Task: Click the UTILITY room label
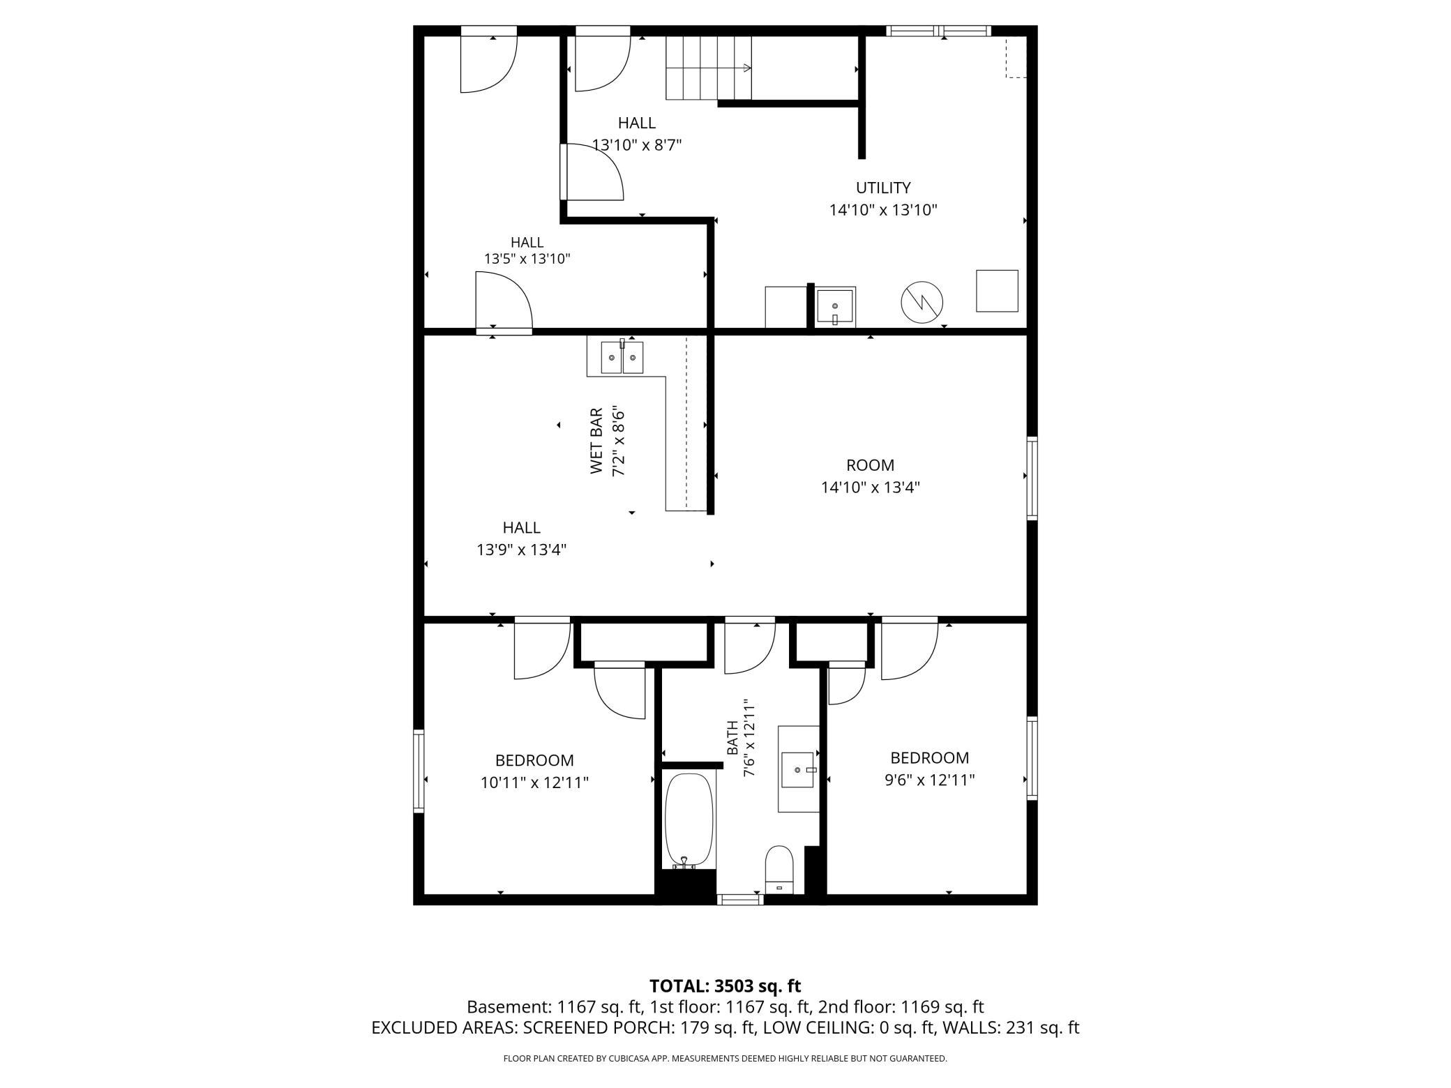point(882,188)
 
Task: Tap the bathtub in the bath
point(689,820)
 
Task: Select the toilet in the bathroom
point(779,869)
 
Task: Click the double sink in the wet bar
point(622,357)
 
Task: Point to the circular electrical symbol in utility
point(922,303)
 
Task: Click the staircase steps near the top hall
point(709,68)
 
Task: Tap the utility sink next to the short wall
point(835,307)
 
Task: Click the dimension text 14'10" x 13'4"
point(870,488)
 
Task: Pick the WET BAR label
point(596,441)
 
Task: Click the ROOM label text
point(870,465)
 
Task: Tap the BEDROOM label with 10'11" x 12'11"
point(534,760)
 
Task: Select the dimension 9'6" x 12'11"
point(929,780)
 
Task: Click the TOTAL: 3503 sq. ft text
point(725,986)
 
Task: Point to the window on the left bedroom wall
point(419,771)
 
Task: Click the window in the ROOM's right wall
point(1032,478)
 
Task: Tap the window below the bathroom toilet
point(740,900)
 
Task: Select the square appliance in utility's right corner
point(997,291)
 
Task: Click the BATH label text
point(732,738)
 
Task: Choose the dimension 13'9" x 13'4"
point(521,550)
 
